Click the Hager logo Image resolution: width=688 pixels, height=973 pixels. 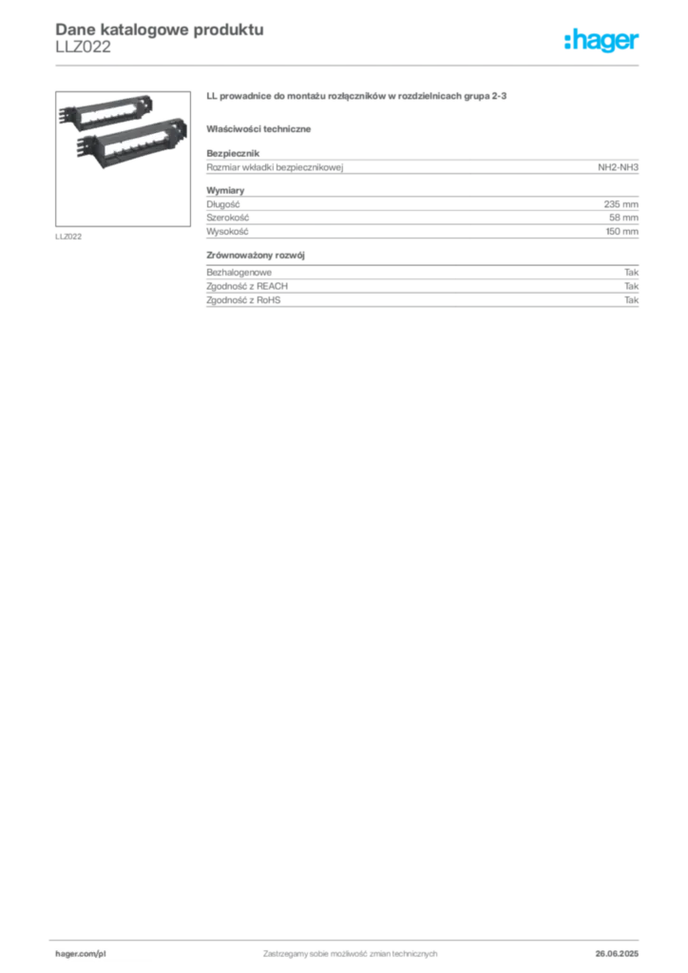[602, 41]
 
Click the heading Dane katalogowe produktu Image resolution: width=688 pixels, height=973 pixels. [160, 29]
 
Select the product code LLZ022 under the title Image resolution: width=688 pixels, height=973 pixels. [83, 48]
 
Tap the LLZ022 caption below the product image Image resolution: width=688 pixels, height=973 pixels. [68, 237]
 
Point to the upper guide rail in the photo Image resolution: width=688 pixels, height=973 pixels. [106, 111]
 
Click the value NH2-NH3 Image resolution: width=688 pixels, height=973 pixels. [618, 167]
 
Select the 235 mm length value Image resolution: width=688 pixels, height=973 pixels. [621, 204]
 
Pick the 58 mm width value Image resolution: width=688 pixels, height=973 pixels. [623, 218]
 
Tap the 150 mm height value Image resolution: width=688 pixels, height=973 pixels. [621, 232]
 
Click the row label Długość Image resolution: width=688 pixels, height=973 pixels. [223, 204]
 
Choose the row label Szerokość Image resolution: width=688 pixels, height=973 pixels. [228, 218]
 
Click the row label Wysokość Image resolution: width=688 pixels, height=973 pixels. [228, 232]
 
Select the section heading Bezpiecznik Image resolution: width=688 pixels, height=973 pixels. [233, 153]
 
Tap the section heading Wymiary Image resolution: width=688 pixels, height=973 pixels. [225, 190]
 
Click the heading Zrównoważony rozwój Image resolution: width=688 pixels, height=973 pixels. [256, 255]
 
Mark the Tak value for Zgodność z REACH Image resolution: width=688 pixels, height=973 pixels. [632, 286]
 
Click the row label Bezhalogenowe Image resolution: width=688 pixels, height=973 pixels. [239, 273]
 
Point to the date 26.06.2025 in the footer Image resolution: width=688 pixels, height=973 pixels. [617, 954]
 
